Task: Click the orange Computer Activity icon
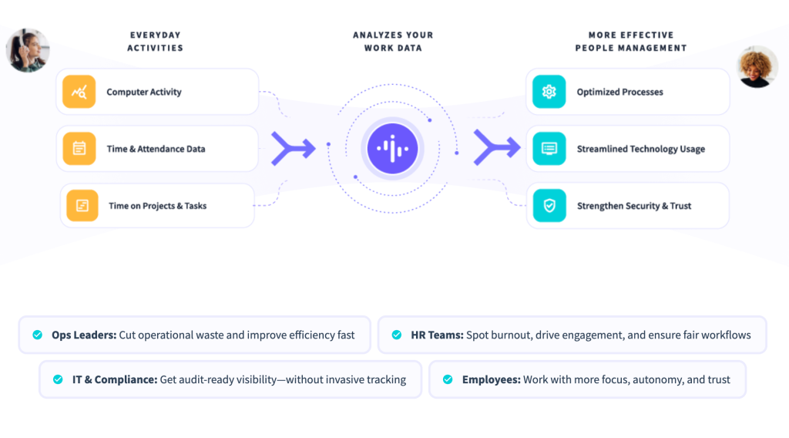tap(79, 92)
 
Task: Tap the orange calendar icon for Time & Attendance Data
tap(79, 149)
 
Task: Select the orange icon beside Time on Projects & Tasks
tap(82, 206)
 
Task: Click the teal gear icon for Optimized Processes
tap(549, 92)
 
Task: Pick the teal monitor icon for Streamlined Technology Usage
tap(549, 149)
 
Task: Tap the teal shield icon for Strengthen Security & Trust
tap(549, 206)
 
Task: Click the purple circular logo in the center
tap(393, 149)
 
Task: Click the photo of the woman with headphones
tap(28, 50)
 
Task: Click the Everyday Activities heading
tap(155, 41)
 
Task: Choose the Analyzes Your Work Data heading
tap(393, 41)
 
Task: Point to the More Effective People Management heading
tap(630, 41)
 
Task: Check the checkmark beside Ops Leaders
tap(37, 335)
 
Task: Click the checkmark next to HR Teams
tap(397, 335)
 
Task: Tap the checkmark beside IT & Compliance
tap(58, 379)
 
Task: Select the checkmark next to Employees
tap(448, 379)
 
